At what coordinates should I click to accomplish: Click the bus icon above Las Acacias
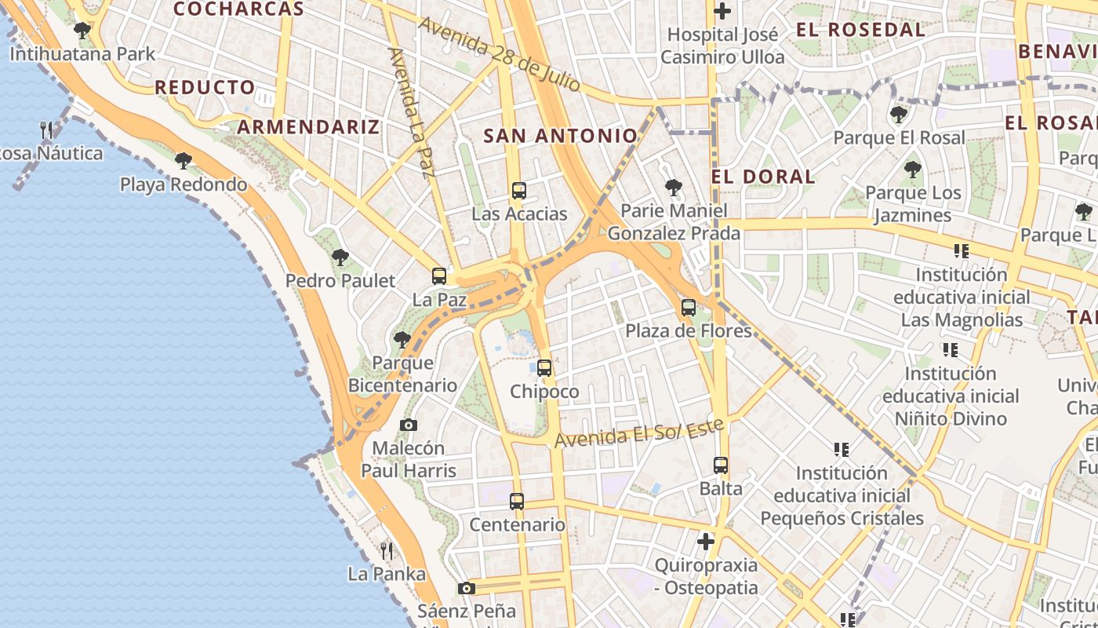[518, 190]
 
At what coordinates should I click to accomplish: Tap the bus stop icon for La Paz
[439, 276]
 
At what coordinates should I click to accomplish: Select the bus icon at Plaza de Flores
[689, 308]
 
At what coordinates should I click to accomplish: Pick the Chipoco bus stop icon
[544, 368]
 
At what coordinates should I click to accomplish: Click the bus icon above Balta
[721, 465]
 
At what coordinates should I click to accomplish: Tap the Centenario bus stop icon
[516, 501]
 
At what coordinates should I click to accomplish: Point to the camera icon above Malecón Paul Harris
[409, 425]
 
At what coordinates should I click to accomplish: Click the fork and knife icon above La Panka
[386, 550]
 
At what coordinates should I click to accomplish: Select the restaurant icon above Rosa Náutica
[47, 130]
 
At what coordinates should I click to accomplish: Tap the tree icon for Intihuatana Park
[82, 31]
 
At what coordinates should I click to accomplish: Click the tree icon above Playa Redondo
[184, 161]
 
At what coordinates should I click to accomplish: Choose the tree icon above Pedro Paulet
[340, 257]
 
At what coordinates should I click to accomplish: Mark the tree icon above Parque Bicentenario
[402, 339]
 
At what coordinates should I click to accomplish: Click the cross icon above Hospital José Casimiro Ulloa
[722, 11]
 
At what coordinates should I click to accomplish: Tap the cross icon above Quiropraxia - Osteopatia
[706, 542]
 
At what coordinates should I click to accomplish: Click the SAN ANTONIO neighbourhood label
[561, 136]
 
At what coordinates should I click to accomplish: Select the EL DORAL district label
[763, 177]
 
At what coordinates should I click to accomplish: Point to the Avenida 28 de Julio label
[500, 53]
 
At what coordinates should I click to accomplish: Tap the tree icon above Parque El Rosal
[899, 115]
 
